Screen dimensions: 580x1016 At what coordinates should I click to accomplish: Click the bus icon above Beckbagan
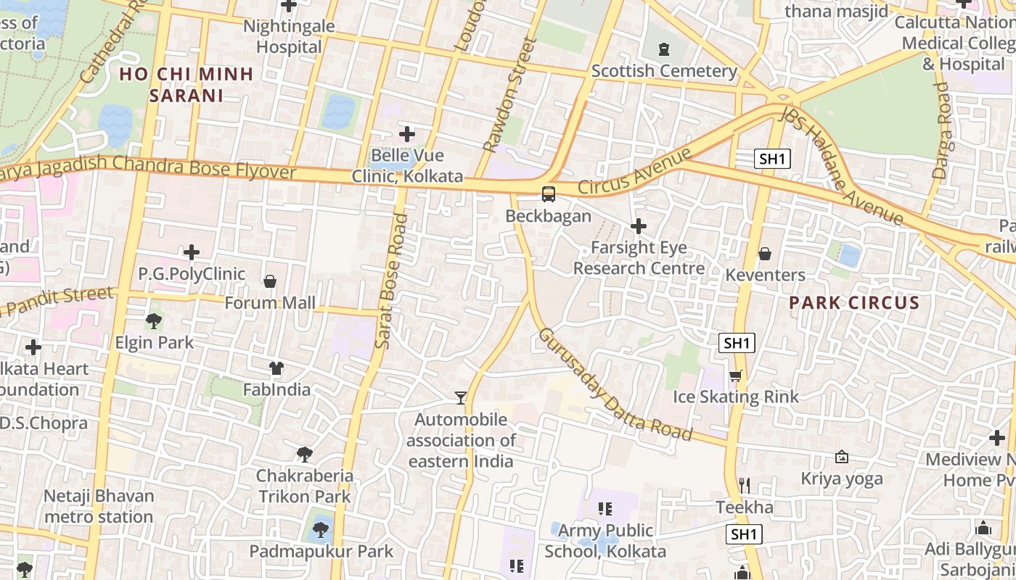(x=549, y=194)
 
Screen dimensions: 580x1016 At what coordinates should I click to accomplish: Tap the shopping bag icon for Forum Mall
(x=270, y=281)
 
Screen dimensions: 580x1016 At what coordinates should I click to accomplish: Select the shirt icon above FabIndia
(x=276, y=368)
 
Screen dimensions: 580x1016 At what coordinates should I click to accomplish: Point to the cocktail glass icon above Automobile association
(x=461, y=397)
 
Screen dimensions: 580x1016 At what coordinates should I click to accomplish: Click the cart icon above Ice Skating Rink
(x=735, y=376)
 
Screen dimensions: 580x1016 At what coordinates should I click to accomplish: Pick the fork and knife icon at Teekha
(x=744, y=485)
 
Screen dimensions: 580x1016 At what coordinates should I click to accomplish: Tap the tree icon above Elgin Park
(x=154, y=320)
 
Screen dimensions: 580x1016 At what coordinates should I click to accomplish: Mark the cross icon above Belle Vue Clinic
(x=407, y=134)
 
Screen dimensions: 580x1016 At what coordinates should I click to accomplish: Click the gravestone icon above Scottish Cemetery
(x=663, y=49)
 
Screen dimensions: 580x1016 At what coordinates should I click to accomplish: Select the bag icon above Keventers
(x=764, y=254)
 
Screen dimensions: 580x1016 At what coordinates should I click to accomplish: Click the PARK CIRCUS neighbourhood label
(x=854, y=303)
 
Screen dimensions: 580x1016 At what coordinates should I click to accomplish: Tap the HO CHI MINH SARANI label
(x=187, y=84)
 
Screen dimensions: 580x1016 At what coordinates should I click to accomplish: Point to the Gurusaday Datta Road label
(x=614, y=385)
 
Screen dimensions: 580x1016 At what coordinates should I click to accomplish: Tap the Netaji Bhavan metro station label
(x=99, y=507)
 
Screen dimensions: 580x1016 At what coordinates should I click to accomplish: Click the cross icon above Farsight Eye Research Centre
(x=639, y=227)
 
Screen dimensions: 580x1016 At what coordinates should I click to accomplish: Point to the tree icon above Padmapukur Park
(x=321, y=530)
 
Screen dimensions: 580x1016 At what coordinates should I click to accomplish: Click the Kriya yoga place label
(x=842, y=478)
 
